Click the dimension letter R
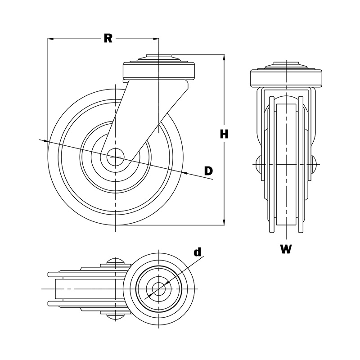(108, 39)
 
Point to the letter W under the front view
(286, 249)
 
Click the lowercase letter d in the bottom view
(197, 252)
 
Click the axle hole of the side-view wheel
(116, 157)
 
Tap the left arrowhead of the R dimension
(50, 39)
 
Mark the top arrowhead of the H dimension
(224, 57)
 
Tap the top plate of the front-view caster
(286, 77)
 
